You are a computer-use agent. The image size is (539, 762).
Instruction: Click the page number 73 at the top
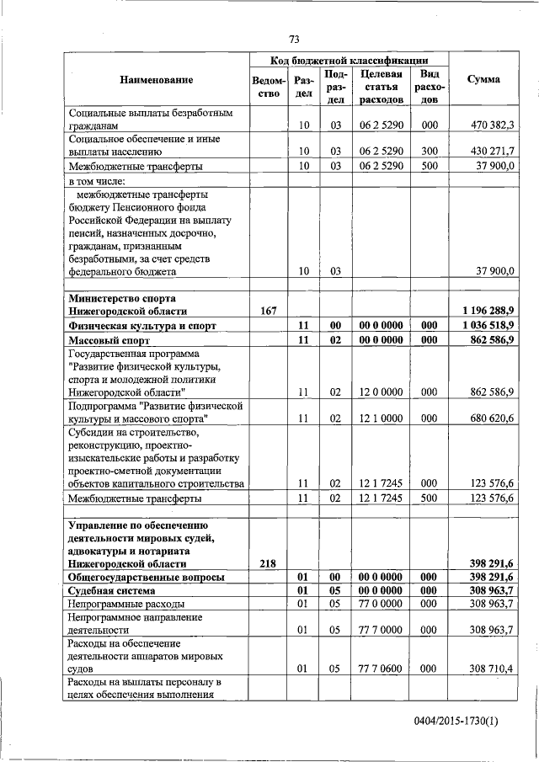click(294, 40)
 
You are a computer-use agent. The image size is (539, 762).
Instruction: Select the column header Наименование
click(156, 80)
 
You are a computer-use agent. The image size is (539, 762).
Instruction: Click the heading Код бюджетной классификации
click(349, 61)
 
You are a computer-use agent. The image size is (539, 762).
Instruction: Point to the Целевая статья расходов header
click(382, 86)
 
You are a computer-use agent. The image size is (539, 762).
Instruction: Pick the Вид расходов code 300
click(430, 152)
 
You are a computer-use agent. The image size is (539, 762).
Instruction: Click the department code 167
click(269, 311)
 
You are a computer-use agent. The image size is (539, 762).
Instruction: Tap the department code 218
click(269, 563)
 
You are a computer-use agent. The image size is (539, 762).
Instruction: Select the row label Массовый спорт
click(109, 340)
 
